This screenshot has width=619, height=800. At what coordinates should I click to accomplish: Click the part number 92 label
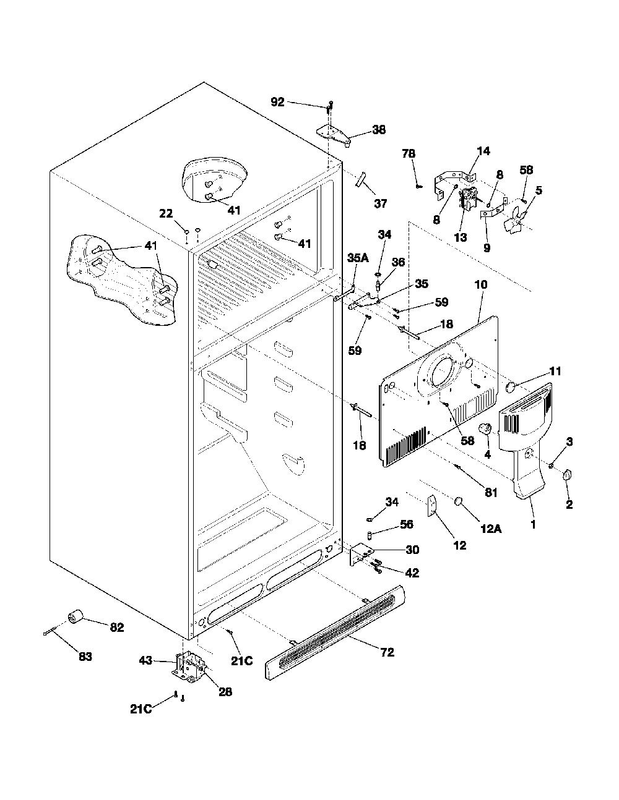277,102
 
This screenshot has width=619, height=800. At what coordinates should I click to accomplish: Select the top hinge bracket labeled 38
333,136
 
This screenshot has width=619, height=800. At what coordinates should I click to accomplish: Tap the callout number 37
381,203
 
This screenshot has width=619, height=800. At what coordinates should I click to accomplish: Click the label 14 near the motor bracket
484,151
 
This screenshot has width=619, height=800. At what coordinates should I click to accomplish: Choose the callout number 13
461,237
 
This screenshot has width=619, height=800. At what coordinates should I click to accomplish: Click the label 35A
358,258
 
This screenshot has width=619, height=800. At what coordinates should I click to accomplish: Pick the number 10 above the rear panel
481,284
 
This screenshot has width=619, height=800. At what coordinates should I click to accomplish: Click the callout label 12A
491,529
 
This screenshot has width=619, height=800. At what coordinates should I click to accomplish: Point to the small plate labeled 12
432,506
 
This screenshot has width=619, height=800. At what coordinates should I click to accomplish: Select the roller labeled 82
76,616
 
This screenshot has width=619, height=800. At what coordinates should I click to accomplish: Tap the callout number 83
85,657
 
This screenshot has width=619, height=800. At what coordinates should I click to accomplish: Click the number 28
225,692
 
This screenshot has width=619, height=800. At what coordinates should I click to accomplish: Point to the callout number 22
166,213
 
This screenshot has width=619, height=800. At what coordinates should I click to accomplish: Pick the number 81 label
491,492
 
